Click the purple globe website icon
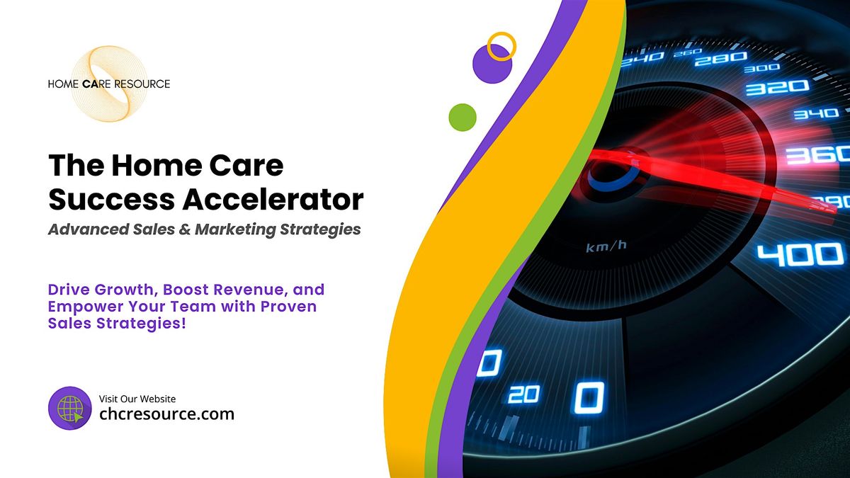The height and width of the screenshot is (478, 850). [x=70, y=408]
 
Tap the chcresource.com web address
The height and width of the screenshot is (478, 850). [x=166, y=414]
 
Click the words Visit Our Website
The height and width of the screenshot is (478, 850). [x=137, y=399]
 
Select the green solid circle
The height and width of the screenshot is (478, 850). [x=463, y=118]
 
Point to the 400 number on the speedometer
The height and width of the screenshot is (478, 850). [x=800, y=255]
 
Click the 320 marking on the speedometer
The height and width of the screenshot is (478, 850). [x=777, y=88]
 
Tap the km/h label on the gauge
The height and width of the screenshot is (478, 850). [x=606, y=246]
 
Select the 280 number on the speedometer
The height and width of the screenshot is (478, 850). [x=720, y=59]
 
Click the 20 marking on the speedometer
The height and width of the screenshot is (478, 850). [x=524, y=394]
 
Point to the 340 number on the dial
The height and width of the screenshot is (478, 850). [x=816, y=113]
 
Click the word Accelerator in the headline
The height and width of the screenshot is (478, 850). [x=273, y=199]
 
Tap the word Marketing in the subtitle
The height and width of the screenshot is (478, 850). [x=235, y=229]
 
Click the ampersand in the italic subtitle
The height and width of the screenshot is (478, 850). [x=184, y=229]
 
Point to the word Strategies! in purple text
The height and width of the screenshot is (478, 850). [x=141, y=324]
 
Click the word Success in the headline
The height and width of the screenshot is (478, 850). [x=112, y=199]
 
